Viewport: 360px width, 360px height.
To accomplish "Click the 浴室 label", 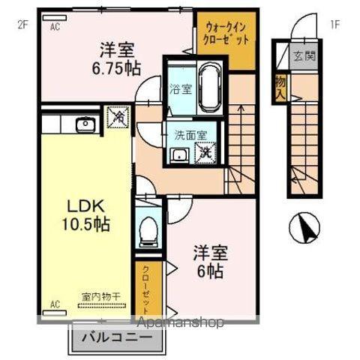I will click(x=180, y=87).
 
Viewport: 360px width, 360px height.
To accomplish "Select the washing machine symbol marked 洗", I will click(x=205, y=151).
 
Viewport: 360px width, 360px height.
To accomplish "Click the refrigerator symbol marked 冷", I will click(x=118, y=118).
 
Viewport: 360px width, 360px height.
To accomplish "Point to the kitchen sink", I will click(x=84, y=124).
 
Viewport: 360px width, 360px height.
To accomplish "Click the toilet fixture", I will click(x=148, y=228).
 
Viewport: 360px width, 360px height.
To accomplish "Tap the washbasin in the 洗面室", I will click(x=180, y=154).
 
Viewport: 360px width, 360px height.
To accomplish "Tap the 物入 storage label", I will click(x=280, y=88).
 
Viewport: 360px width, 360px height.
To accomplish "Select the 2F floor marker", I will click(x=22, y=23).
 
